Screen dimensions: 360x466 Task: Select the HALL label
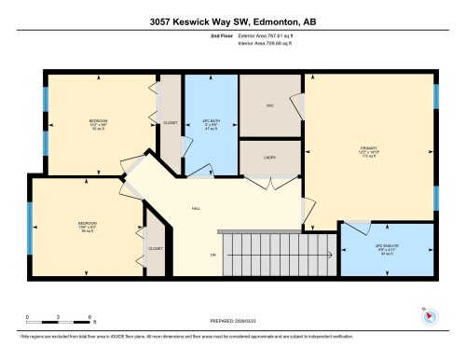[x=198, y=209]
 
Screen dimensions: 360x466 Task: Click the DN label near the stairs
[x=212, y=255]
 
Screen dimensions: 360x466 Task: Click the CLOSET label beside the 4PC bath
[x=170, y=122]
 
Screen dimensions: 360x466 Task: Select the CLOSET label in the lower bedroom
[x=155, y=249]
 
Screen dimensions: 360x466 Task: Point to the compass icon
[x=430, y=315]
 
